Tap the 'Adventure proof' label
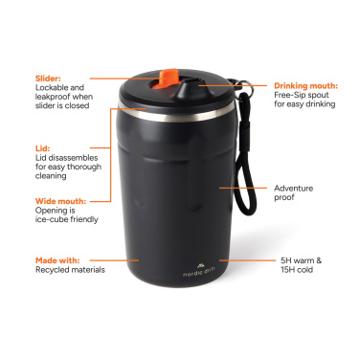pyautogui.click(x=293, y=193)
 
